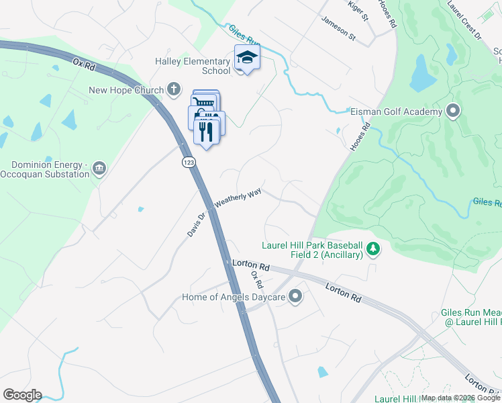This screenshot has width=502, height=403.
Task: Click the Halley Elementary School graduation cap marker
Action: pyautogui.click(x=247, y=58)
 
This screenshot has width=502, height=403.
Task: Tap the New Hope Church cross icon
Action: pyautogui.click(x=174, y=89)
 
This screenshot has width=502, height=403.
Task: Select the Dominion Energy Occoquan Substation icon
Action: pyautogui.click(x=99, y=168)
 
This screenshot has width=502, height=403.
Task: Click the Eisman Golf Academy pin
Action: pyautogui.click(x=453, y=111)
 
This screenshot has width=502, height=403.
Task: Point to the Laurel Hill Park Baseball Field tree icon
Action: pyautogui.click(x=373, y=251)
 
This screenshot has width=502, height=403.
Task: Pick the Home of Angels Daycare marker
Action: pyautogui.click(x=295, y=296)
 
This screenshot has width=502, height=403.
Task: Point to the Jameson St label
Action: pyautogui.click(x=338, y=30)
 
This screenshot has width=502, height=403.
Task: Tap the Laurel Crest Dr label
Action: pyautogui.click(x=466, y=17)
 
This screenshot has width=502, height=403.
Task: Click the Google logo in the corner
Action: pyautogui.click(x=22, y=395)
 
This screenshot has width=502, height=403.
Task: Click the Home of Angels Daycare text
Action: pyautogui.click(x=234, y=297)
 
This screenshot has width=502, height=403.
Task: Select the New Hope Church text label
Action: pyautogui.click(x=126, y=91)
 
